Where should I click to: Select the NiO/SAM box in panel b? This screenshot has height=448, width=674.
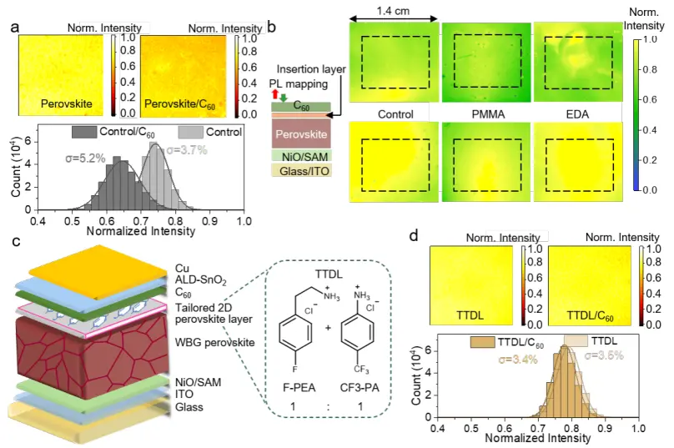coord(299,154)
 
